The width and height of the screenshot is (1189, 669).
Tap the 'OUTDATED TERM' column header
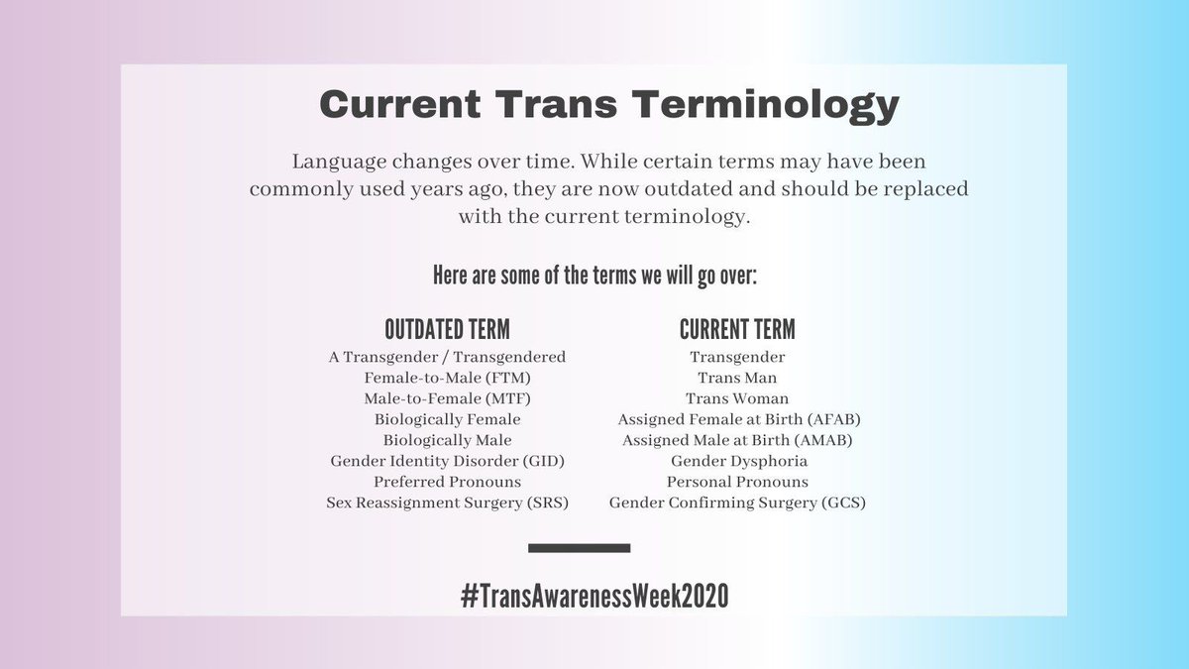click(447, 329)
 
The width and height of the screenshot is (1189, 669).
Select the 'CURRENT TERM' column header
click(737, 329)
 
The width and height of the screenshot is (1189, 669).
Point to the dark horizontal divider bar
click(580, 547)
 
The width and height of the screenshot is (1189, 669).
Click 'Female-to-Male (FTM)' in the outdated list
click(447, 378)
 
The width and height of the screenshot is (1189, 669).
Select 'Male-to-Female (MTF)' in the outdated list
click(447, 398)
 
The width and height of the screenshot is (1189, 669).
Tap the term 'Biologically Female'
click(447, 419)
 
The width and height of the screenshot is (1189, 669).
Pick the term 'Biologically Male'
click(447, 440)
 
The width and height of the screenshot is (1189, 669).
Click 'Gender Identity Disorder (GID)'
click(447, 461)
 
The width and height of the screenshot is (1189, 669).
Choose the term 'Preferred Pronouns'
click(447, 482)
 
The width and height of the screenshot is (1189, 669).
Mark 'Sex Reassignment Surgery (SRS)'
click(447, 502)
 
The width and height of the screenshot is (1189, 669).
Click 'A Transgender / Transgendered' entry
click(447, 357)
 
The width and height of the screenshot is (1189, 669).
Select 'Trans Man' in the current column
click(737, 378)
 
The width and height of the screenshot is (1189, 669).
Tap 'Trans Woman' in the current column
click(737, 398)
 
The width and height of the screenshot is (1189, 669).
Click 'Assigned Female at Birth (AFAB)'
click(737, 419)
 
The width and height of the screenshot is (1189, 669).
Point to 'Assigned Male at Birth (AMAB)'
click(737, 440)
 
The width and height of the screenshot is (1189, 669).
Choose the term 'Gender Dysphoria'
click(737, 461)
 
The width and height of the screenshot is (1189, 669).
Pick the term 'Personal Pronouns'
click(737, 482)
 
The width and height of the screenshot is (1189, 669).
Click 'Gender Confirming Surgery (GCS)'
click(737, 502)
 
